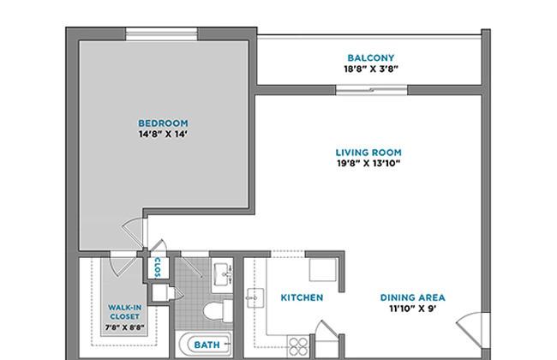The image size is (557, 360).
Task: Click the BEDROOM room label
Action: [163, 123]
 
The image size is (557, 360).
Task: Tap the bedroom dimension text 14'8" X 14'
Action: [163, 134]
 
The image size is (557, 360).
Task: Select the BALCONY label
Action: [371, 57]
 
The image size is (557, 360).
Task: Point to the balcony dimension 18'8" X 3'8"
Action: [371, 69]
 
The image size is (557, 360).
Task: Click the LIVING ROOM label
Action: [368, 153]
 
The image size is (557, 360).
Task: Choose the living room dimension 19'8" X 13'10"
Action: [368, 163]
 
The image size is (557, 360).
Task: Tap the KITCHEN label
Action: [302, 297]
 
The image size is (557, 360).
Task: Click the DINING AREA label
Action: [413, 297]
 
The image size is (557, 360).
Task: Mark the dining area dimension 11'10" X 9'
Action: [413, 308]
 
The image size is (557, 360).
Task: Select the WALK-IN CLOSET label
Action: [125, 312]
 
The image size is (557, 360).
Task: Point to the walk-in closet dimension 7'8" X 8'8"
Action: [125, 327]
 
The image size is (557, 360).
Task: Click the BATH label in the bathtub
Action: [207, 345]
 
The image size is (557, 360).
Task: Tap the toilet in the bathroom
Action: [219, 310]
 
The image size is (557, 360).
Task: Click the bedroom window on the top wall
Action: [162, 34]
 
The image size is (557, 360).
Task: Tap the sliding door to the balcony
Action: [372, 90]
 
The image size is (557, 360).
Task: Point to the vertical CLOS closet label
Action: [158, 267]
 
